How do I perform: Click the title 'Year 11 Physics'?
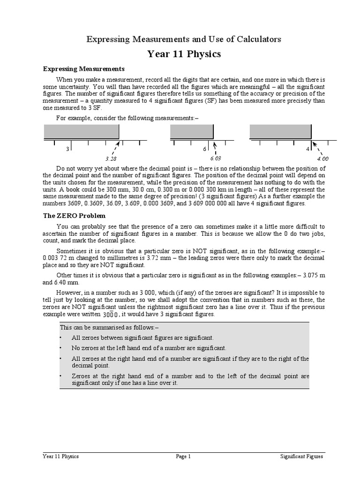tap(184, 54)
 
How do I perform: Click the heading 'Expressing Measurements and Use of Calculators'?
tap(184, 39)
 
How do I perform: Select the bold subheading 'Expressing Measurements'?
tap(83, 69)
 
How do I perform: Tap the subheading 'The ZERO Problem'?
tap(74, 216)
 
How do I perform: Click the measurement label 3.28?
tap(111, 158)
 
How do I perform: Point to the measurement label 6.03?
tap(215, 158)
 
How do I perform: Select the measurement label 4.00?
tap(322, 158)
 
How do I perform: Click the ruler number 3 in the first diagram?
tap(68, 149)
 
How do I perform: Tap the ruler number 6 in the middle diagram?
tap(205, 149)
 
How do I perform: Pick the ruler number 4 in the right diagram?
tap(308, 149)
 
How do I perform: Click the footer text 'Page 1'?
tap(183, 456)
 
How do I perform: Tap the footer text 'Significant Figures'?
tap(301, 456)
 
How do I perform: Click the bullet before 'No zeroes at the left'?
tap(61, 348)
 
